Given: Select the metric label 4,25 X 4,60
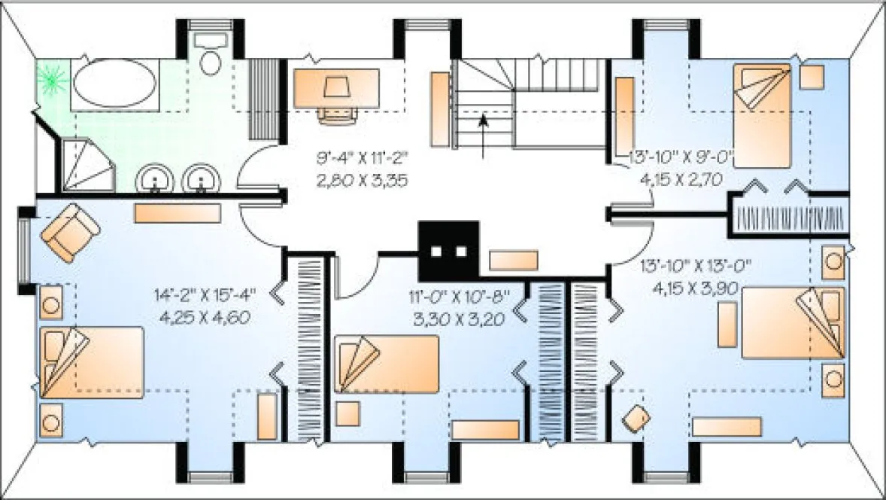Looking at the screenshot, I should click(205, 317).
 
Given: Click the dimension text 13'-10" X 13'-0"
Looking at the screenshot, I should click(696, 266).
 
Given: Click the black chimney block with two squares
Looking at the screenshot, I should click(449, 251).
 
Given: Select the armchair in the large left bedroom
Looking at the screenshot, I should click(70, 231).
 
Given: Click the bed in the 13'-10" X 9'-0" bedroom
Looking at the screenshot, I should click(762, 116).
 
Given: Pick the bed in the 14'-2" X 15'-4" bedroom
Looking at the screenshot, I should click(92, 362).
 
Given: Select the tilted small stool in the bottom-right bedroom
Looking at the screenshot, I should click(637, 417).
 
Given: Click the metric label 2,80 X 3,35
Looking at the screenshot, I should click(363, 181).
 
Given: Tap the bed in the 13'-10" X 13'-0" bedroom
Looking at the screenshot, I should click(792, 322).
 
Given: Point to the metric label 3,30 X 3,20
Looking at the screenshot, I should click(457, 318).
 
